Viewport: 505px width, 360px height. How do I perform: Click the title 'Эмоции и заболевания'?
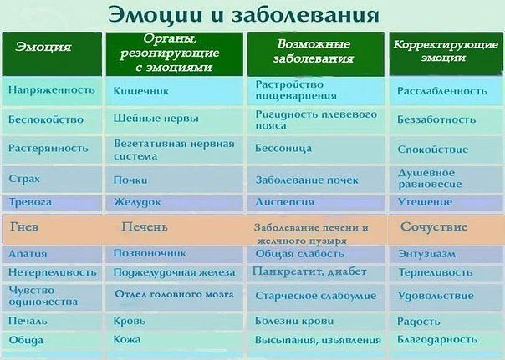242,15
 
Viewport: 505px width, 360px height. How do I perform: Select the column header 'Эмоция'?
43,47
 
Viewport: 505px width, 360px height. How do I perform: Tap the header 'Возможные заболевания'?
309,52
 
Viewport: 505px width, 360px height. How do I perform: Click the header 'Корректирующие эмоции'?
441,52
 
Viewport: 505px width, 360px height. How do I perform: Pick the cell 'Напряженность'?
52,89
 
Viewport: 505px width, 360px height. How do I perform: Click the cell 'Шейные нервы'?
156,119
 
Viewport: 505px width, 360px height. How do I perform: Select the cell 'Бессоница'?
284,149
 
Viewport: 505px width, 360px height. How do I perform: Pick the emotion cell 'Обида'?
26,340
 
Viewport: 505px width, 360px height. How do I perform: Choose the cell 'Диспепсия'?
285,202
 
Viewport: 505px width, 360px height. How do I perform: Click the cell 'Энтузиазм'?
428,252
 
